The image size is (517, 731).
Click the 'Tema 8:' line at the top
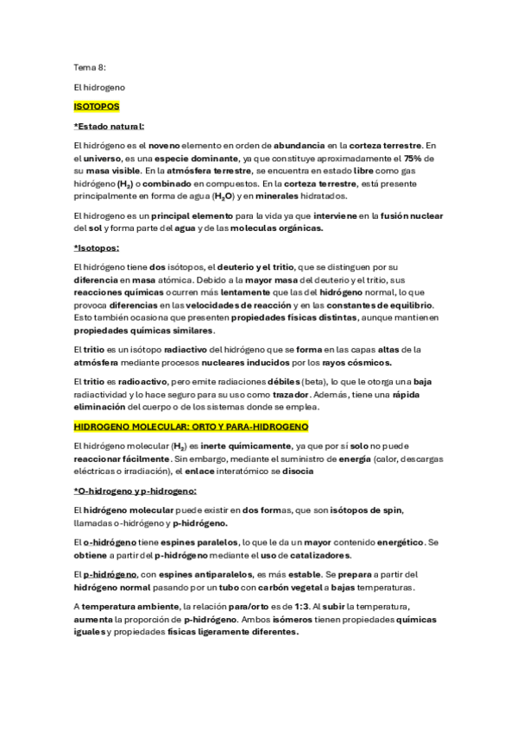tap(90, 66)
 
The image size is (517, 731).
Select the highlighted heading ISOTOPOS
tap(97, 107)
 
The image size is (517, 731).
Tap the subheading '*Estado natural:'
tap(110, 127)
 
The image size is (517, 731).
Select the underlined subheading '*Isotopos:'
tap(97, 247)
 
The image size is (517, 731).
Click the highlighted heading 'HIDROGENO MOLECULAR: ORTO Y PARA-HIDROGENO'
tap(191, 427)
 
